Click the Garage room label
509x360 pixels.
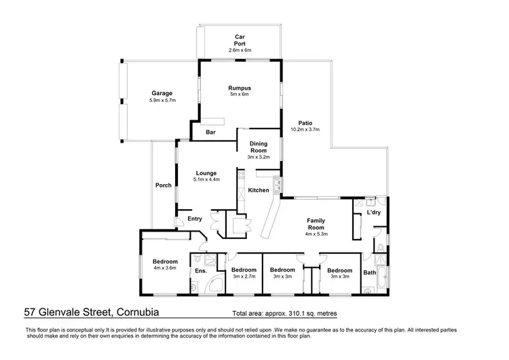(162, 93)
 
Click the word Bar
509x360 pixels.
(210, 132)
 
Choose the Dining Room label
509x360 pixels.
(258, 147)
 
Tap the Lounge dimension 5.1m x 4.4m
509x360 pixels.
(206, 180)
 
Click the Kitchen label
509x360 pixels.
(258, 190)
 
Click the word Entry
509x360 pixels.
(195, 218)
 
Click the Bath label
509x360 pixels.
(369, 273)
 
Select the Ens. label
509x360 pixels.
(201, 272)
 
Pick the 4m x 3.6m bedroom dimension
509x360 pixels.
(165, 269)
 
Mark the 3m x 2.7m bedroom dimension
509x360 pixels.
(244, 276)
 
